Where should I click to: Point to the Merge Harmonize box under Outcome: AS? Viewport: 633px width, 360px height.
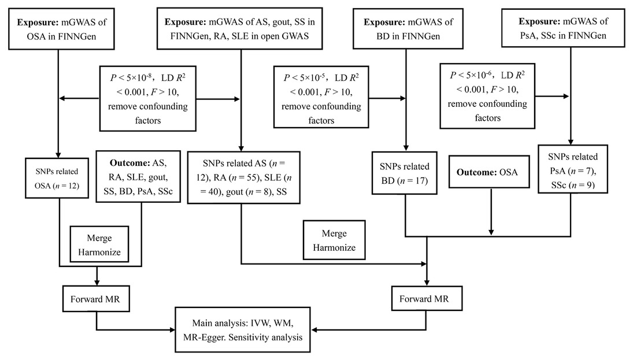pyautogui.click(x=98, y=245)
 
